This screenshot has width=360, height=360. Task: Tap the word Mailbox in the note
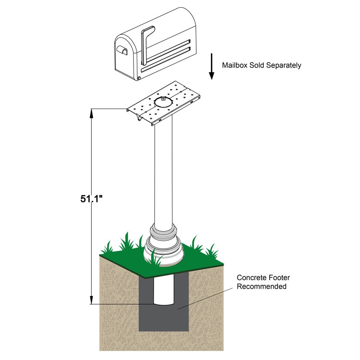click(x=234, y=66)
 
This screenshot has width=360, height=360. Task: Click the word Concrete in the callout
click(x=250, y=278)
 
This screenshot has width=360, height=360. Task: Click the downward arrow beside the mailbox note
click(x=212, y=67)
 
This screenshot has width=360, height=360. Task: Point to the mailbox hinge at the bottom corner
click(x=139, y=78)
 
